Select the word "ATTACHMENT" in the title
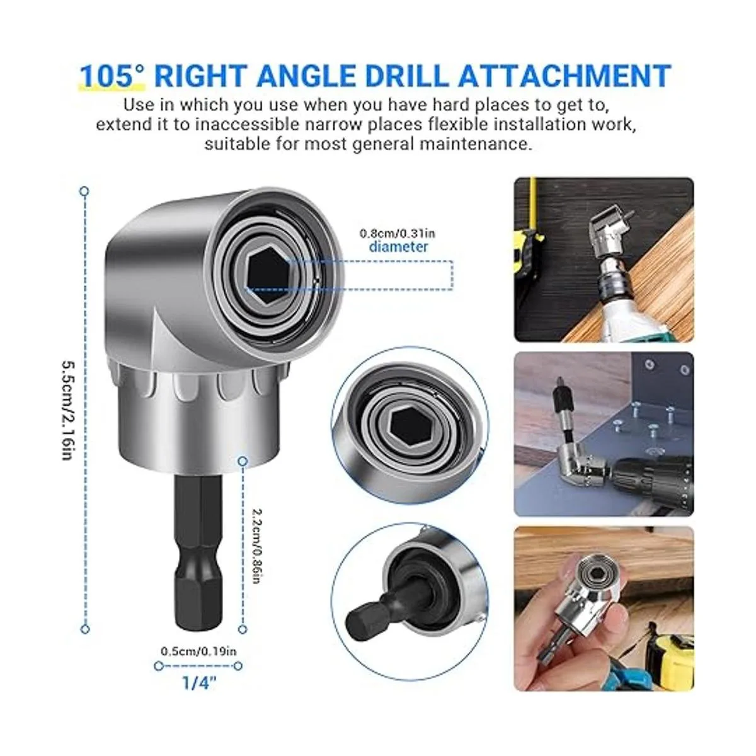pos(565,76)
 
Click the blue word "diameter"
pos(398,247)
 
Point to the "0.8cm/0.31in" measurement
pos(398,234)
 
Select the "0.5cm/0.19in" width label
pos(198,651)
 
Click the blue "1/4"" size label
pos(199,683)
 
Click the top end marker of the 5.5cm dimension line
pos(84,192)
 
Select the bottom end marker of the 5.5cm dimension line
pos(85,629)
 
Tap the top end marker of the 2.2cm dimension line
pos(243,461)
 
